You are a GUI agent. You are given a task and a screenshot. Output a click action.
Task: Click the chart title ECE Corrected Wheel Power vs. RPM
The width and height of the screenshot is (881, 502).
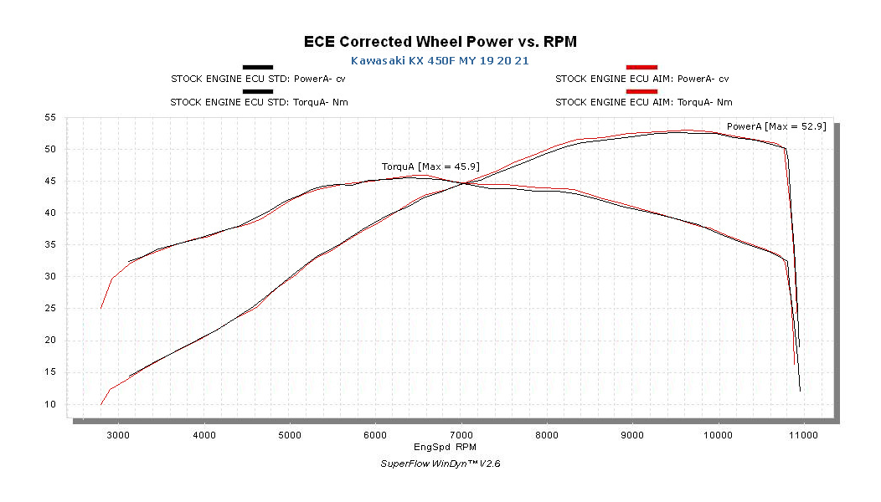440,41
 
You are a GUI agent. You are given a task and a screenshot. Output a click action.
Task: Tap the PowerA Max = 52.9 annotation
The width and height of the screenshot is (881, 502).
776,126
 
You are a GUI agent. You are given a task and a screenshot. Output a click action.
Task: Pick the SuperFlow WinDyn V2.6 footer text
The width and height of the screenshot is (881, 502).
440,464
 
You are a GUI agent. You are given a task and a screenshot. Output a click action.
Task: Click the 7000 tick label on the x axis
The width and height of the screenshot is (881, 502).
461,435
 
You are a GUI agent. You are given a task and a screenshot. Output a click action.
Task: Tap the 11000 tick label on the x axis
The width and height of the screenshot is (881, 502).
804,435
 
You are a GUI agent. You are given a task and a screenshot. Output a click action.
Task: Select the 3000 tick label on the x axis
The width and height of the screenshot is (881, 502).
118,435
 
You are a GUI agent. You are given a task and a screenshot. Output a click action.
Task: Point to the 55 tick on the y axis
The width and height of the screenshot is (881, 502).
51,118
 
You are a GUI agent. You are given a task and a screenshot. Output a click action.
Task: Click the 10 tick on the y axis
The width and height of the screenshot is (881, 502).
51,404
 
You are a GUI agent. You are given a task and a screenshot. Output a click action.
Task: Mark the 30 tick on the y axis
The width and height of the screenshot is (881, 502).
51,277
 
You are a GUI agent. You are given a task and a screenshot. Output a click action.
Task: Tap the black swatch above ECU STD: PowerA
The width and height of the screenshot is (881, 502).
258,67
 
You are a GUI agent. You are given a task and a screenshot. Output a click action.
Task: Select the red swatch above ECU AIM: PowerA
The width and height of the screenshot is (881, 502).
642,67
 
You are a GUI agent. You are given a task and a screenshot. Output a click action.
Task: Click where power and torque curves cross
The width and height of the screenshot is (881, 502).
463,183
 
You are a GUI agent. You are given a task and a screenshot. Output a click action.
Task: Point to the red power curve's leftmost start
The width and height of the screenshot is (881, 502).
101,404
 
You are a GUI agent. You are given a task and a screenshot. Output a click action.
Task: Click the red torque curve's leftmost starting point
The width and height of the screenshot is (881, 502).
101,308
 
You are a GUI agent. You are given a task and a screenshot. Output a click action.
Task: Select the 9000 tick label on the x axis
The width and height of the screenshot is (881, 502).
632,435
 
